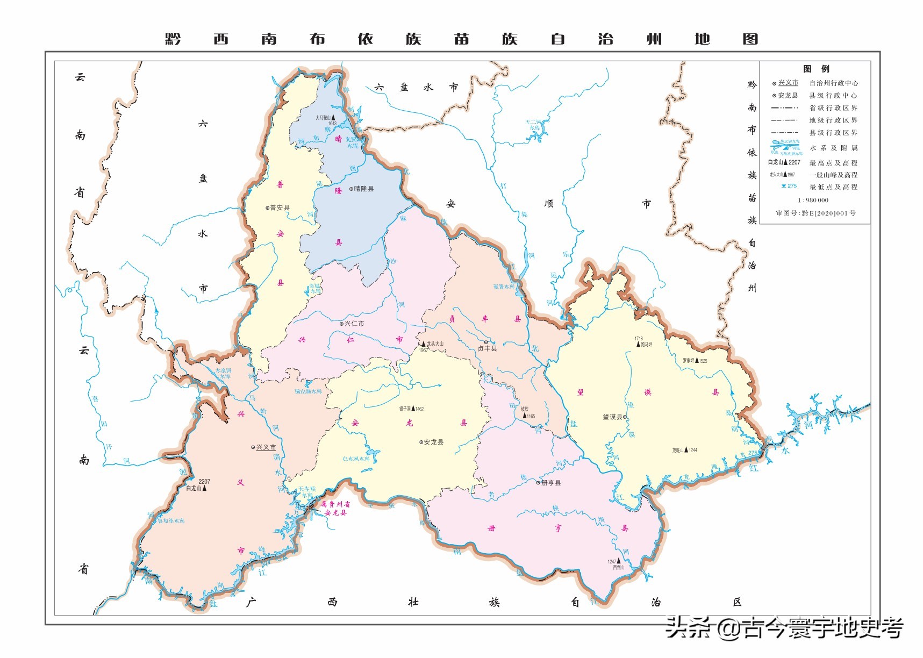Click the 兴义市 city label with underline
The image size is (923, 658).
266,447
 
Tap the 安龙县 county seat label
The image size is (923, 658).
433,442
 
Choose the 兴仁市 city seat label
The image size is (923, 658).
354,324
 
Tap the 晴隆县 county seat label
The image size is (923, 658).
363,189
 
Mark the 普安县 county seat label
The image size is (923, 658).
280,208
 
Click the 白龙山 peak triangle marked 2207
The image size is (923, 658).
204,488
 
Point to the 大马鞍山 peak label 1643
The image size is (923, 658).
326,117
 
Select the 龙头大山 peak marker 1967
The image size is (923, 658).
424,344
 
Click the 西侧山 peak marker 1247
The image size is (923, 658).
619,561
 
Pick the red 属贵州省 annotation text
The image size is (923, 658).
335,504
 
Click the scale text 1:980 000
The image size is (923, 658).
813,200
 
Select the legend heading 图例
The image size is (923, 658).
816,69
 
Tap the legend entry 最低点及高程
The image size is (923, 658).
833,187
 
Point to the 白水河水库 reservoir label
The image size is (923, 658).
356,459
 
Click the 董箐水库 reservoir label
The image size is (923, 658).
504,287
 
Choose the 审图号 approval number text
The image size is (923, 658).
815,213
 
